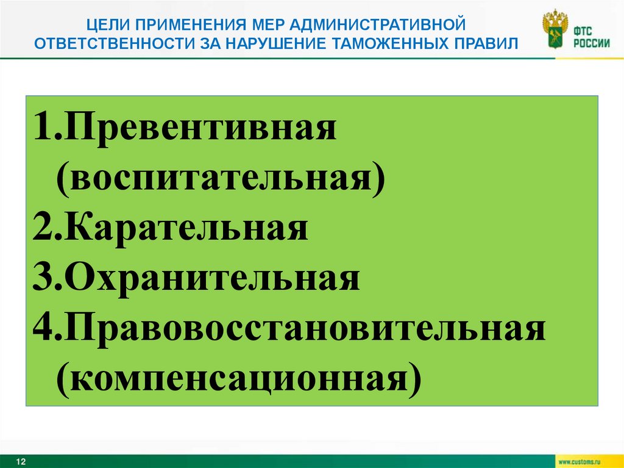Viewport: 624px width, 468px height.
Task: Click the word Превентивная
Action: click(202, 129)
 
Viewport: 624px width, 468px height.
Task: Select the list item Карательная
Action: click(186, 229)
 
